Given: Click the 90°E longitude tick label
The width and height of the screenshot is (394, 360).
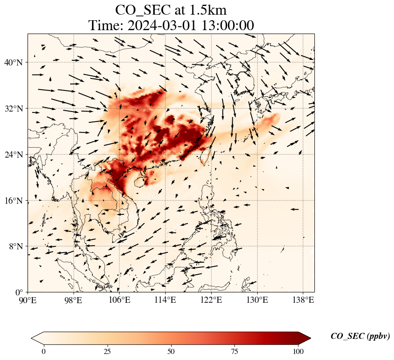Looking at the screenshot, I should tap(28, 300).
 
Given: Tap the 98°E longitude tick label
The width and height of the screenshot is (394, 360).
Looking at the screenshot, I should tap(74, 300).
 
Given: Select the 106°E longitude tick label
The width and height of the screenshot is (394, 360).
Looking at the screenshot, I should tap(120, 300).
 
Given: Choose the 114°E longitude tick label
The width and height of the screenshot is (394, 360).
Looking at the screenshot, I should tap(165, 300).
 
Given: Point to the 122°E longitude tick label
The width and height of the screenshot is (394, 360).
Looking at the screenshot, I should tap(211, 300).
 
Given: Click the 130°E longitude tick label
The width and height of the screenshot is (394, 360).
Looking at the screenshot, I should tap(257, 300).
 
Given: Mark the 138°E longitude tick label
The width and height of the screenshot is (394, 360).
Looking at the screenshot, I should tap(303, 300).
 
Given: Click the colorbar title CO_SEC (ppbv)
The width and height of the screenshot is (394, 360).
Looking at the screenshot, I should tap(360, 336).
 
